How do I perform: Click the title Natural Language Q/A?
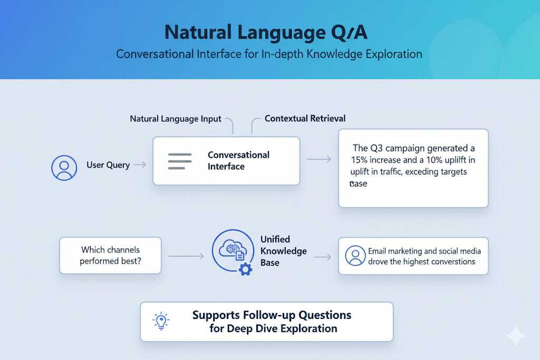(266, 32)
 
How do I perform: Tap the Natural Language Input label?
(176, 119)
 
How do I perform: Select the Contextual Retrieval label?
(305, 119)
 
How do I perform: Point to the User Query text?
(108, 165)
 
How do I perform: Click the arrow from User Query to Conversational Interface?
(140, 165)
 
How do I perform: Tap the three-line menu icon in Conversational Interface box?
(179, 161)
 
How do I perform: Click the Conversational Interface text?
(238, 161)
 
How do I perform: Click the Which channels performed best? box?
(110, 255)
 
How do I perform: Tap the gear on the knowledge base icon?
(245, 270)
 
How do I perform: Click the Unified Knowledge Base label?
(283, 251)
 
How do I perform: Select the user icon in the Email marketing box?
(355, 256)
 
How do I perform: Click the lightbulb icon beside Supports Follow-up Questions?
(160, 321)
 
